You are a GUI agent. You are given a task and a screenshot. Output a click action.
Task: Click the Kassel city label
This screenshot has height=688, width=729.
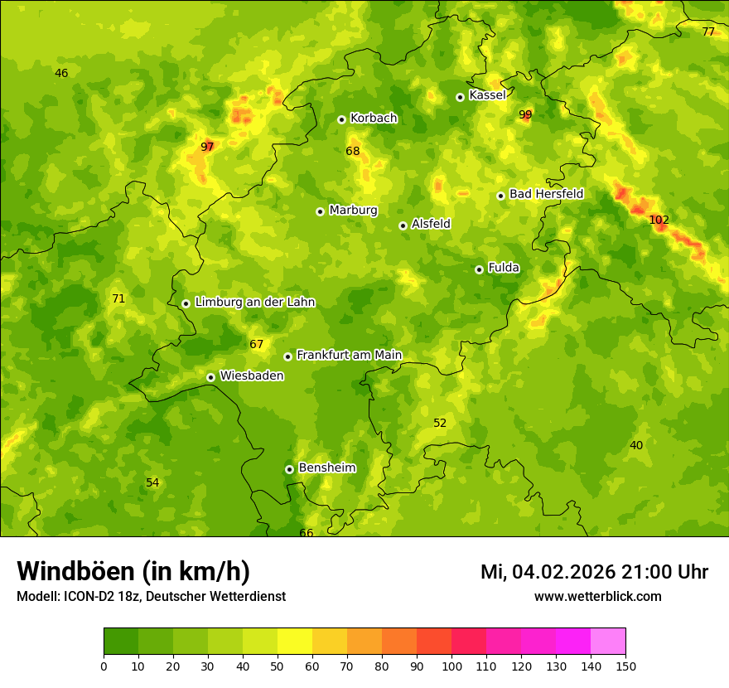pyautogui.click(x=487, y=95)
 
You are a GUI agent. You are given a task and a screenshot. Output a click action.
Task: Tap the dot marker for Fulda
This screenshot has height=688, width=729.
pyautogui.click(x=479, y=269)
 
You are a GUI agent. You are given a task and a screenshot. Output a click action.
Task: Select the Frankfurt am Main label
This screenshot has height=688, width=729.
pyautogui.click(x=349, y=356)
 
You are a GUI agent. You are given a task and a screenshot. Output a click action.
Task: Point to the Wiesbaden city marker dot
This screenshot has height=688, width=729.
pyautogui.click(x=210, y=377)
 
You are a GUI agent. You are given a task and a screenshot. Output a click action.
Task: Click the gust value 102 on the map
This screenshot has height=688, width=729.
pyautogui.click(x=659, y=220)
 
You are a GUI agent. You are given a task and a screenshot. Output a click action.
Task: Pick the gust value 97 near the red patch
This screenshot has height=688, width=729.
pyautogui.click(x=207, y=147)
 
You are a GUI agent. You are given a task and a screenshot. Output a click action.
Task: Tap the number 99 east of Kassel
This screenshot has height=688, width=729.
pyautogui.click(x=525, y=114)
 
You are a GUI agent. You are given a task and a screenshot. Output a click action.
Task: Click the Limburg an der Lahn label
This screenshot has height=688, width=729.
pyautogui.click(x=254, y=303)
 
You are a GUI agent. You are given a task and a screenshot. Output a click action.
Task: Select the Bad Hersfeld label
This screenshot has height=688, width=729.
pyautogui.click(x=546, y=194)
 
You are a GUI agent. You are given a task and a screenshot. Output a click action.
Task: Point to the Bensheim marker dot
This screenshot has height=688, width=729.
pyautogui.click(x=289, y=469)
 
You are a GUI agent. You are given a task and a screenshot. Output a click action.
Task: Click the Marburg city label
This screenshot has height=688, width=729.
pyautogui.click(x=353, y=211)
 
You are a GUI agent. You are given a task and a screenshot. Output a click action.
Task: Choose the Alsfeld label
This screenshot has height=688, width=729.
pyautogui.click(x=431, y=224)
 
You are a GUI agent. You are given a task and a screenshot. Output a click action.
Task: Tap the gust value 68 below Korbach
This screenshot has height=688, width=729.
pyautogui.click(x=353, y=151)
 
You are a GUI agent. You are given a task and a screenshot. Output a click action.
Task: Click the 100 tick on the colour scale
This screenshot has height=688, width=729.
pyautogui.click(x=451, y=666)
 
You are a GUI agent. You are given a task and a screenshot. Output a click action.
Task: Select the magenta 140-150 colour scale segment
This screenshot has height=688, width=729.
pyautogui.click(x=608, y=642)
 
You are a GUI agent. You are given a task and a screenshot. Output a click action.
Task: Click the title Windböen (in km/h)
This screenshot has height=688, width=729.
pyautogui.click(x=133, y=571)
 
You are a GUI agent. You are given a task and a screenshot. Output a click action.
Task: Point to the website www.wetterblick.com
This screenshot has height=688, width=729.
pyautogui.click(x=597, y=596)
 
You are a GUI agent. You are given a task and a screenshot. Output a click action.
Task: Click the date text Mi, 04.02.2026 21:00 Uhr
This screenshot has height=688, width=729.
pyautogui.click(x=594, y=572)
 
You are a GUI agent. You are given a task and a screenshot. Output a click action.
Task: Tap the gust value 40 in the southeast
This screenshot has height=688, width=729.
pyautogui.click(x=635, y=445)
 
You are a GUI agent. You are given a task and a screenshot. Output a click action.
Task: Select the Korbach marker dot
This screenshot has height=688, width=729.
pyautogui.click(x=341, y=119)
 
